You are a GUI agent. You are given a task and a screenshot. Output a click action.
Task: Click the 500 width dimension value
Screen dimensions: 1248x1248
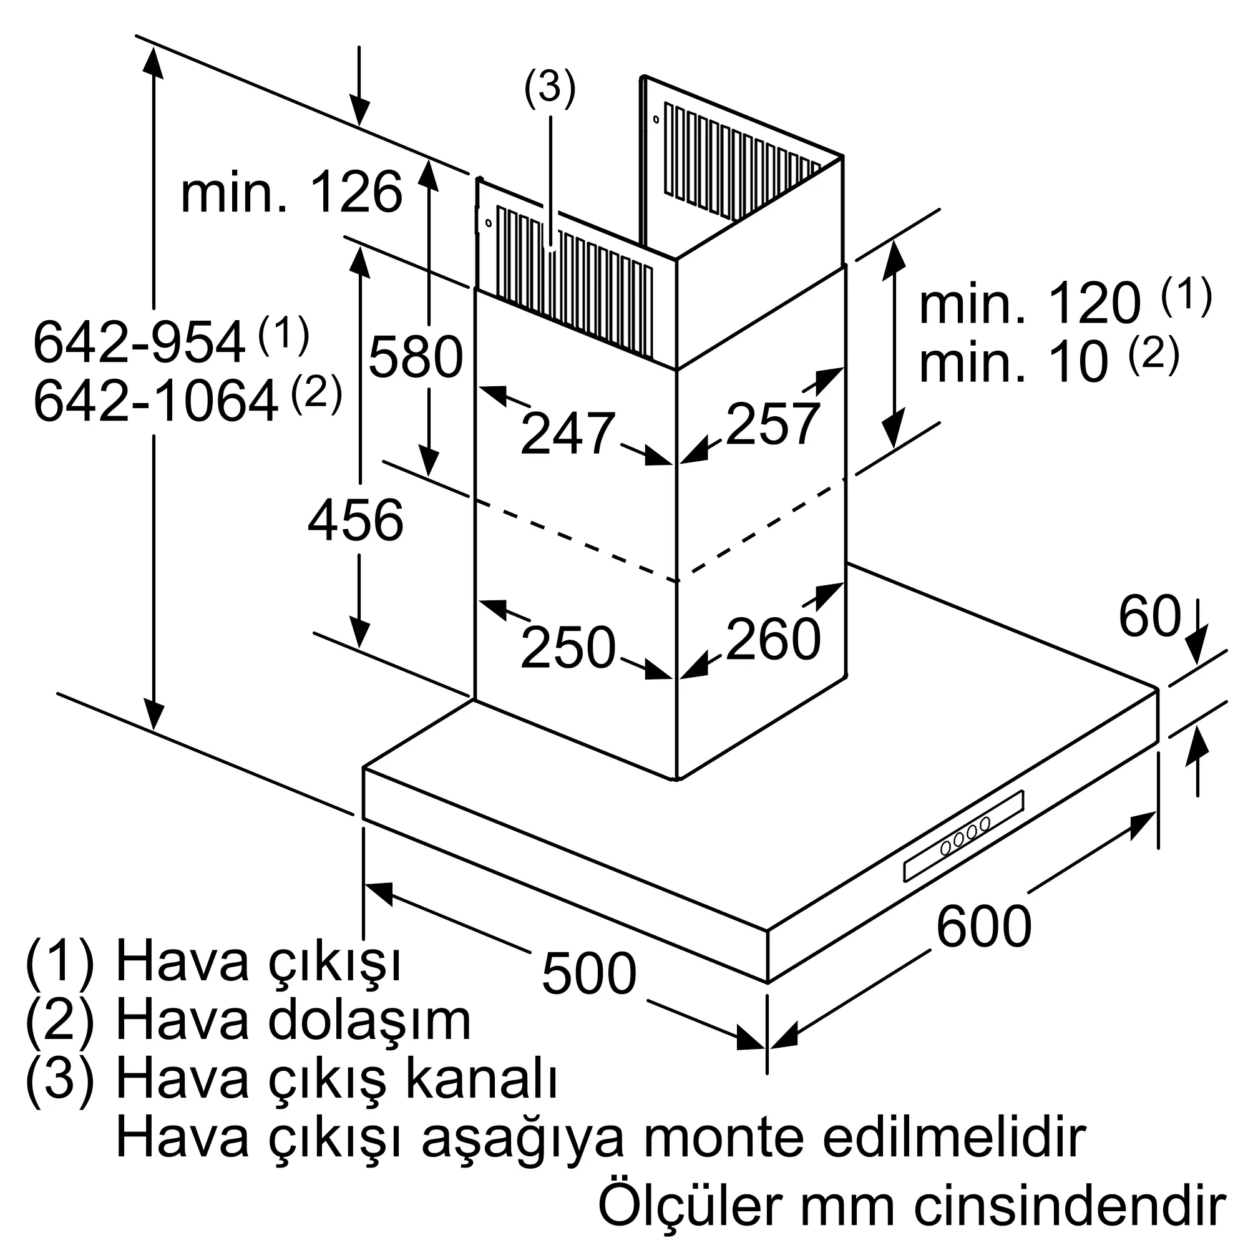(x=588, y=973)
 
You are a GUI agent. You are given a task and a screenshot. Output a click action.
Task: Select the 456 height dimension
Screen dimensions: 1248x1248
(x=355, y=520)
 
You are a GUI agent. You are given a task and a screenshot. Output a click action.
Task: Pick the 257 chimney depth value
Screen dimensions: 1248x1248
(x=773, y=424)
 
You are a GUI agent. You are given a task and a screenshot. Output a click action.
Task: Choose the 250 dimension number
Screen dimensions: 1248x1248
(x=567, y=647)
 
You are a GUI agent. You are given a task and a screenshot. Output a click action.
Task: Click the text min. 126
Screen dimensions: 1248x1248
(x=291, y=192)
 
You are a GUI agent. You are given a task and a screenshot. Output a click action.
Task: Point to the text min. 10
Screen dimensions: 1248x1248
(x=1013, y=363)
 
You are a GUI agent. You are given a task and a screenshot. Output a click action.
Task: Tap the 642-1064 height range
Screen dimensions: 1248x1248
(x=155, y=402)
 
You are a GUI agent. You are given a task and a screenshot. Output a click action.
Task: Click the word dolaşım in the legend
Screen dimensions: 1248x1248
(x=369, y=1021)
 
